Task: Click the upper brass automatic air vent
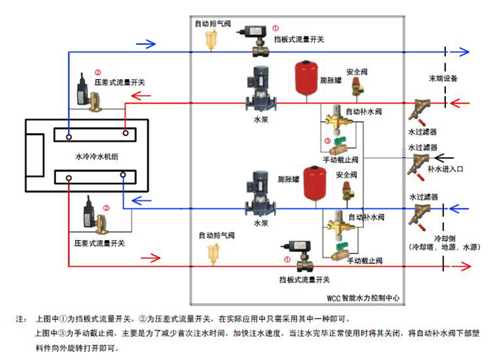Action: pos(211,41)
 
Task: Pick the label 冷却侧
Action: pos(446,237)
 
